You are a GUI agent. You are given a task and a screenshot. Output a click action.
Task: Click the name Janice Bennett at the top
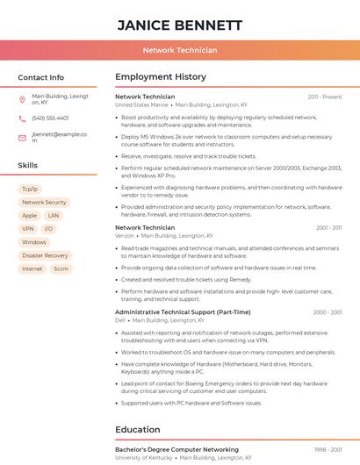tap(180, 25)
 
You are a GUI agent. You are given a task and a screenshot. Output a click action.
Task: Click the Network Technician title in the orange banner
tap(180, 51)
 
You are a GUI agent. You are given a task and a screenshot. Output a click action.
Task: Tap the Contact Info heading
tap(40, 77)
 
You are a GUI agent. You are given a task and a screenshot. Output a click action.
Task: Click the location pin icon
tap(22, 99)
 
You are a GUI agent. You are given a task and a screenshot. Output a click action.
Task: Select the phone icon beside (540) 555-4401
tap(22, 118)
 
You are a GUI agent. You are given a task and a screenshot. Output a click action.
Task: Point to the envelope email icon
tap(22, 138)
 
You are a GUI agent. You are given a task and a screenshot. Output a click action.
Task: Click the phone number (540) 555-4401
tap(50, 118)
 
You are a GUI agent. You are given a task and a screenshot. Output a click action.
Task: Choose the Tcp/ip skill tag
tap(30, 189)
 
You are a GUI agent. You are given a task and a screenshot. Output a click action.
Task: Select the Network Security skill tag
tap(44, 202)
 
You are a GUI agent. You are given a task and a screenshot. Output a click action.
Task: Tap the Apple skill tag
tap(30, 215)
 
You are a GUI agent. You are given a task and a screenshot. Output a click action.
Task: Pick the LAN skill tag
tap(54, 215)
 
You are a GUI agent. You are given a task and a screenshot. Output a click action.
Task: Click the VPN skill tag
tap(27, 229)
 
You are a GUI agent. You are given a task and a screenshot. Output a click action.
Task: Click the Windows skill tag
tap(34, 242)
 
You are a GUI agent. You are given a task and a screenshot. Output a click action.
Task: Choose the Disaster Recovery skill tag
tap(45, 255)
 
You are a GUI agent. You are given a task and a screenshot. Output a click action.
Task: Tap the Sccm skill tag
tap(61, 268)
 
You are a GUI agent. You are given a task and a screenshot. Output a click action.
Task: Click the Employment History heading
tap(161, 77)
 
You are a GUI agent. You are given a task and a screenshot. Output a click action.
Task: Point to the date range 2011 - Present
tap(325, 97)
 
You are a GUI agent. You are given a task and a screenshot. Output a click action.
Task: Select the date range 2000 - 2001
tap(328, 312)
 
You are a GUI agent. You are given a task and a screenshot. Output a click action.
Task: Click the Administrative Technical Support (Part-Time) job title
tap(183, 312)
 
